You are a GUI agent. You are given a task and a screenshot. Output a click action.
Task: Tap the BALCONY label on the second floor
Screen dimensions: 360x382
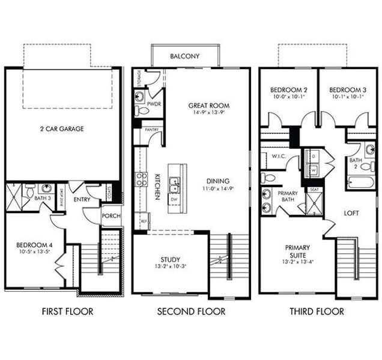(x=184, y=56)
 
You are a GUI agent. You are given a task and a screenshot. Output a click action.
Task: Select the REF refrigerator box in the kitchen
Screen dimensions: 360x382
(x=144, y=221)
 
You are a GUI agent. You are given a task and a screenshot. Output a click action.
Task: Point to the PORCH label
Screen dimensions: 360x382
(x=111, y=216)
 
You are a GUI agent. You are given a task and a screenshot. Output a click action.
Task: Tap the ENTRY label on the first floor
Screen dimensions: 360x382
(x=82, y=198)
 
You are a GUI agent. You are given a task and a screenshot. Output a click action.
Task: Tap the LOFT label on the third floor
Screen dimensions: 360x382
(x=351, y=213)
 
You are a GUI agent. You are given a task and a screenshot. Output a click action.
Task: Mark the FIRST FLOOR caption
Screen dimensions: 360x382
(x=67, y=311)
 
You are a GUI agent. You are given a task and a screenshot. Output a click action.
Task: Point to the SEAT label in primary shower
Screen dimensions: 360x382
(x=314, y=190)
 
